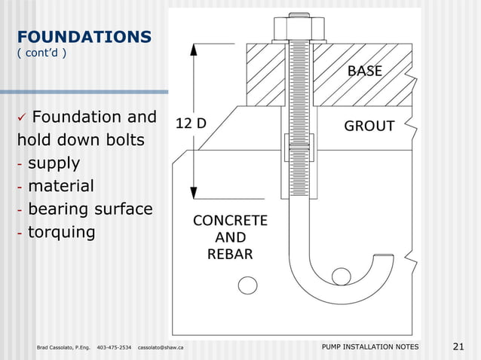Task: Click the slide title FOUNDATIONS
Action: [x=84, y=36]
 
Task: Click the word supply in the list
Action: [x=54, y=163]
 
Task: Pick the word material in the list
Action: [x=60, y=186]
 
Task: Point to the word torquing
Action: [x=61, y=232]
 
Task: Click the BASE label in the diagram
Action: [x=364, y=72]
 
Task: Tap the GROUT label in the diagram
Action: [x=369, y=127]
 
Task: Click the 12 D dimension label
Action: [x=191, y=124]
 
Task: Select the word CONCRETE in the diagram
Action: [x=230, y=221]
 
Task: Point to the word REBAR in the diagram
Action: [x=230, y=254]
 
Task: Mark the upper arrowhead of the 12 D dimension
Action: [x=195, y=50]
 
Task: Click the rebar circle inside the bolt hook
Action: [x=341, y=276]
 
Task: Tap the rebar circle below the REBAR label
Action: [x=246, y=285]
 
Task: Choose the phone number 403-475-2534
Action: [x=114, y=347]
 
